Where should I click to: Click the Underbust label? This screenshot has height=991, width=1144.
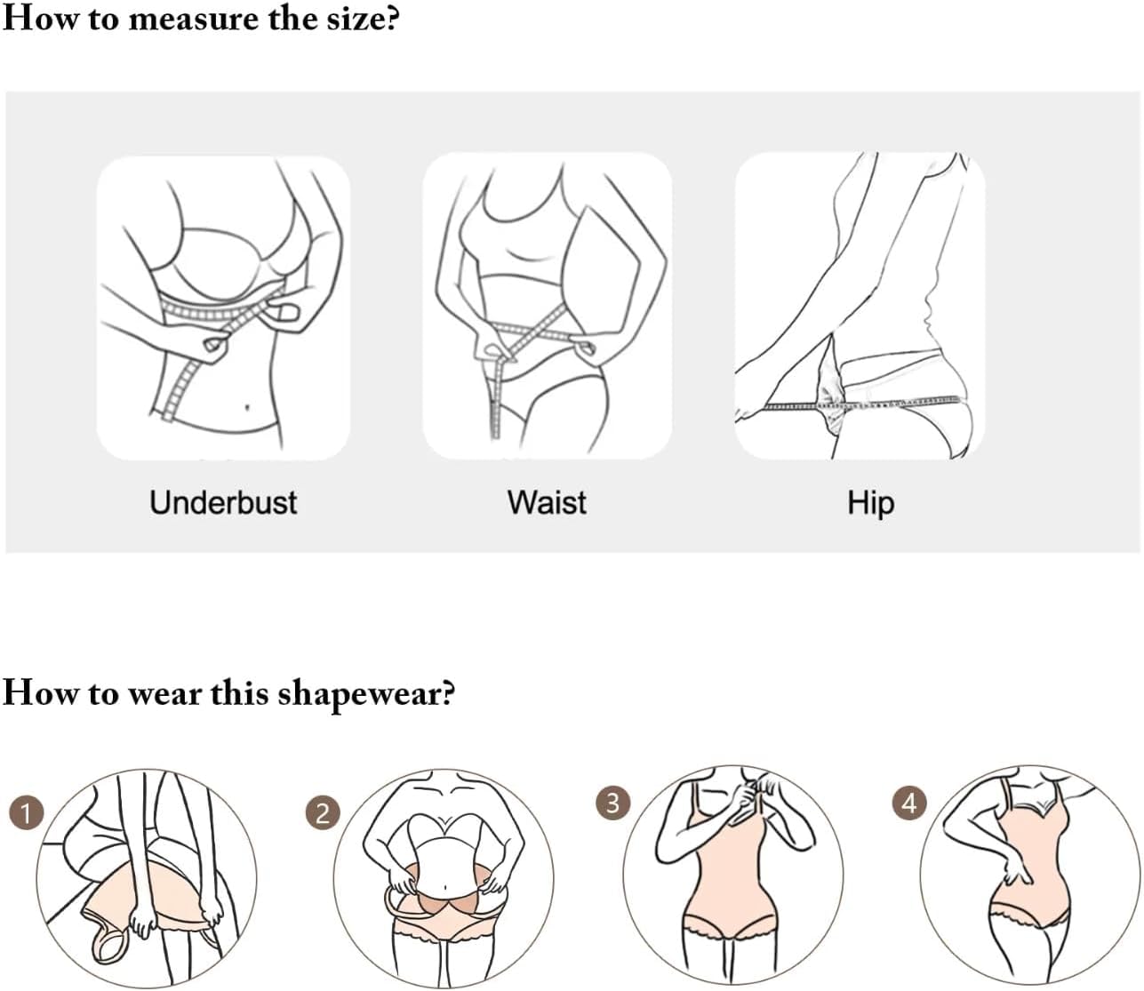click(x=223, y=502)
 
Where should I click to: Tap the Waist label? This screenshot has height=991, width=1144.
click(x=547, y=502)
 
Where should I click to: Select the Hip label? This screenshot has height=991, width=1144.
click(x=870, y=502)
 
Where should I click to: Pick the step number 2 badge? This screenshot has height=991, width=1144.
click(x=323, y=812)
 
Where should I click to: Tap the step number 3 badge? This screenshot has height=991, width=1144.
click(x=612, y=803)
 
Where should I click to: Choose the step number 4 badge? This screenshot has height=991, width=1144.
click(x=908, y=803)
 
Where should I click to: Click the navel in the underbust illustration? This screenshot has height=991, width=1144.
click(x=246, y=408)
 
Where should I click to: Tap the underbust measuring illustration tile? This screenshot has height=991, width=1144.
click(x=223, y=307)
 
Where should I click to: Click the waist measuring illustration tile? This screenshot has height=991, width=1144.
click(x=547, y=307)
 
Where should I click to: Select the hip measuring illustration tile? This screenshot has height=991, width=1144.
click(x=860, y=307)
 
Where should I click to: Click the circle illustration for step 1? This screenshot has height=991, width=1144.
click(x=147, y=878)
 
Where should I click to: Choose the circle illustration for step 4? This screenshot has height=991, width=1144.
click(x=1029, y=875)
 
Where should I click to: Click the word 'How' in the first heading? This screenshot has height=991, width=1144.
click(x=39, y=18)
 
